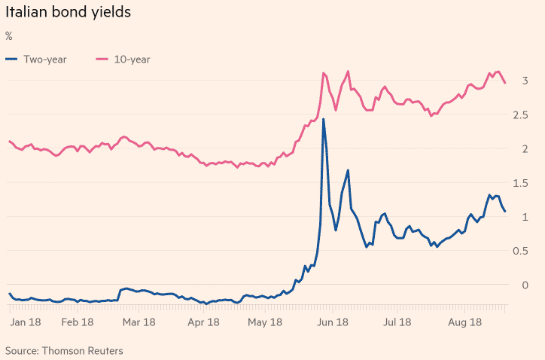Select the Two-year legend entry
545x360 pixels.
46,59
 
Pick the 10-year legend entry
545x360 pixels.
132,59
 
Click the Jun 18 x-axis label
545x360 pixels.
333,322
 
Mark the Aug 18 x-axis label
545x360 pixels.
464,322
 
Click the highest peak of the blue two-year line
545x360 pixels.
324,119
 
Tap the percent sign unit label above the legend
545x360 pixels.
9,36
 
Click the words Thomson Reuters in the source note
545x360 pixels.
83,350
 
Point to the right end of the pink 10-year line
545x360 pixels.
505,83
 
